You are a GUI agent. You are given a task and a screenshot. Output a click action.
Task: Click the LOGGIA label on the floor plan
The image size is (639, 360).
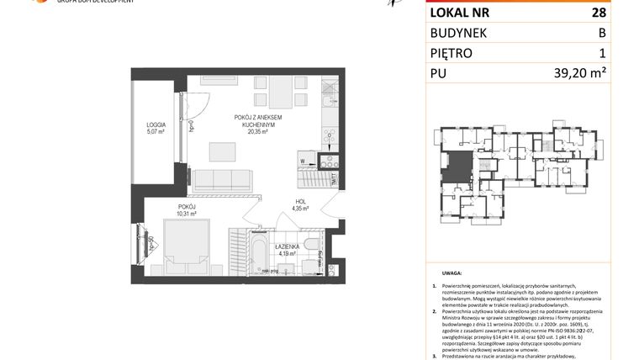tap(156, 124)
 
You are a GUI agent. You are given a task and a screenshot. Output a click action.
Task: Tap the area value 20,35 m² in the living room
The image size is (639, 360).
tap(256, 131)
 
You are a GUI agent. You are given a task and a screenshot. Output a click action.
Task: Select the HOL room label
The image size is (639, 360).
tap(299, 201)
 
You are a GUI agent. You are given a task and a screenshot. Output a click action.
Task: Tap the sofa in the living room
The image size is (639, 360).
tap(221, 177)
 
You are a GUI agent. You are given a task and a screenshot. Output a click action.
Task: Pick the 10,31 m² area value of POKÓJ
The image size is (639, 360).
tap(187, 214)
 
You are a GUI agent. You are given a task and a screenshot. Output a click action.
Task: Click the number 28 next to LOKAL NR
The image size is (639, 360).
tap(621, 13)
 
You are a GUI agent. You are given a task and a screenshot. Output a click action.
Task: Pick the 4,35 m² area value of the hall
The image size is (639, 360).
tap(300, 209)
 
